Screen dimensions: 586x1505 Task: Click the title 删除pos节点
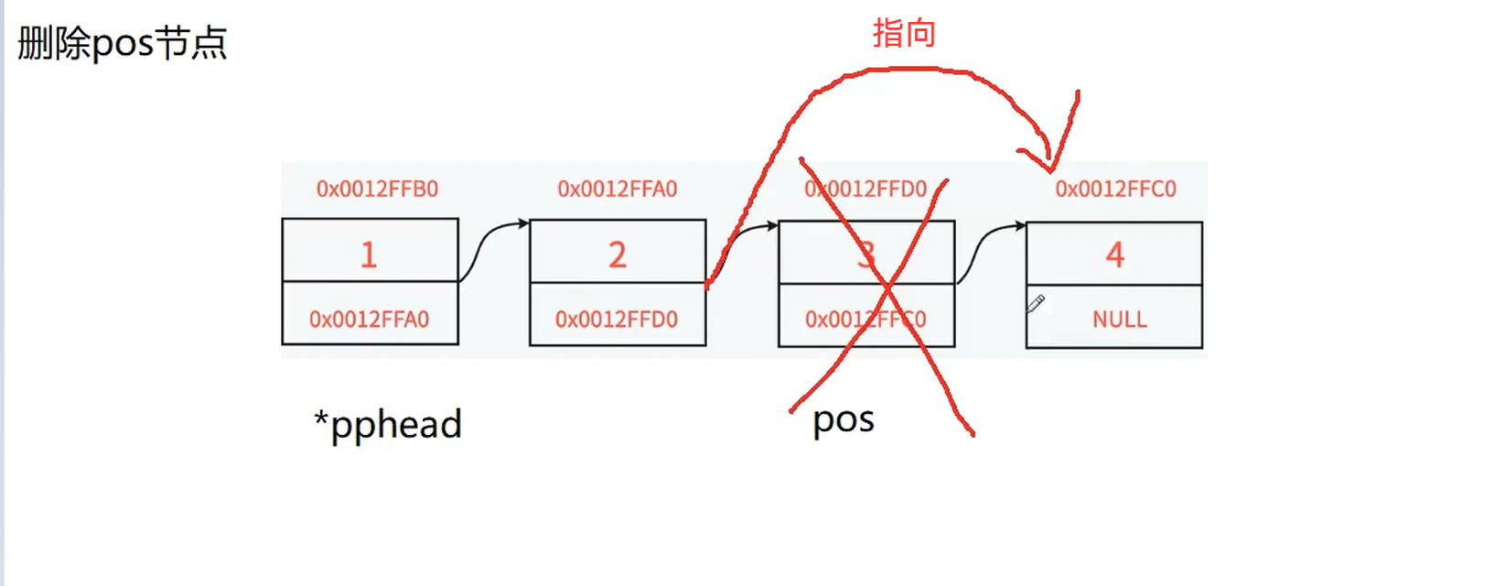122,43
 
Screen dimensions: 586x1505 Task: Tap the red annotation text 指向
903,33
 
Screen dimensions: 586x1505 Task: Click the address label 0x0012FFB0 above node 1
377,189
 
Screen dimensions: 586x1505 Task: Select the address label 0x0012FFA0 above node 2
618,189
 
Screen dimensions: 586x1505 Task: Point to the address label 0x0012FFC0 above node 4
1115,189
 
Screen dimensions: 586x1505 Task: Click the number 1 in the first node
369,254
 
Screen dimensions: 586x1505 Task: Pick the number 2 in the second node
618,255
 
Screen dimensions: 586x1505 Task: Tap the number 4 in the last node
1114,255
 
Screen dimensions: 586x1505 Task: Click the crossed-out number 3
866,255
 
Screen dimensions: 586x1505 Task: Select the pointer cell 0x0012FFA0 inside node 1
369,319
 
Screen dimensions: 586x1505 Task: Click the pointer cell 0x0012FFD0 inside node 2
617,319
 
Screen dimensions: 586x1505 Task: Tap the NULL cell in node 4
1119,319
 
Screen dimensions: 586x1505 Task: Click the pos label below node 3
843,420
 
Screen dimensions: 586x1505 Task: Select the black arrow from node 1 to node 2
491,247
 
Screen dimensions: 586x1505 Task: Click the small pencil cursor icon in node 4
1036,303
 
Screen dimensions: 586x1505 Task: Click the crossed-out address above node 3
865,189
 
